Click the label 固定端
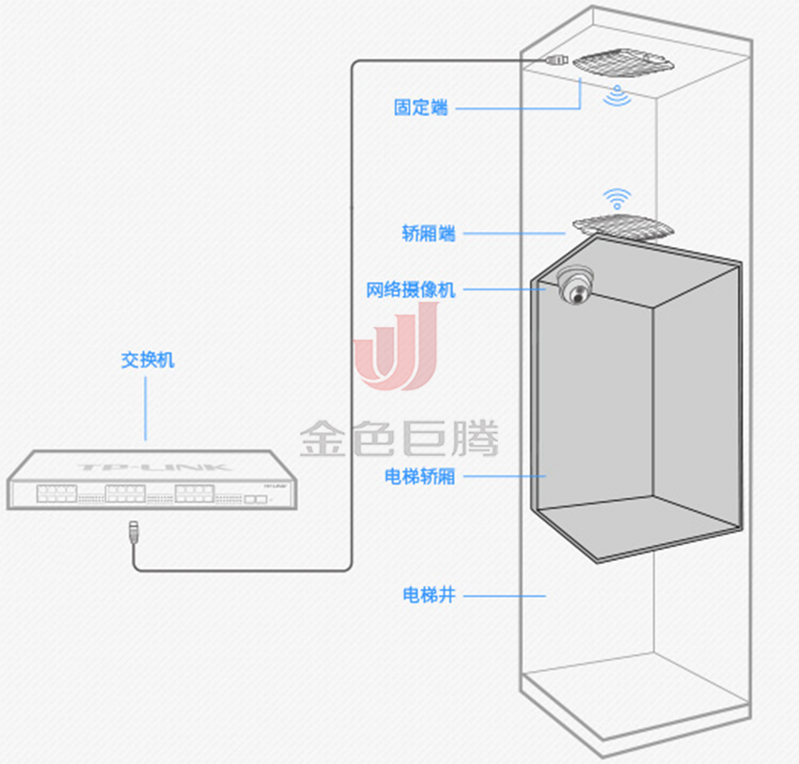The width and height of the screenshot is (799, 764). [x=420, y=107]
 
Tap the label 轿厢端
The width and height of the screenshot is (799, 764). [x=428, y=233]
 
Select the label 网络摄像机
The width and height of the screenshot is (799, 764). [x=410, y=289]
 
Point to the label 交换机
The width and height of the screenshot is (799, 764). [x=147, y=360]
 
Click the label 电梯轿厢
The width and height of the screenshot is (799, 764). [x=419, y=476]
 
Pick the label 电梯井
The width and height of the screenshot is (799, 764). [x=428, y=594]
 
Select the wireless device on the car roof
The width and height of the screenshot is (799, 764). [x=622, y=226]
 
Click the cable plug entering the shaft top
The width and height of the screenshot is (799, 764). [x=556, y=59]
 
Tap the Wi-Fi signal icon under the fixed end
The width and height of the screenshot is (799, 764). [x=618, y=95]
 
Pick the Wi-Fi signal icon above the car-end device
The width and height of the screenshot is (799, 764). [x=617, y=198]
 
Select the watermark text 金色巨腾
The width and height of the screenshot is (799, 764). [x=399, y=438]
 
